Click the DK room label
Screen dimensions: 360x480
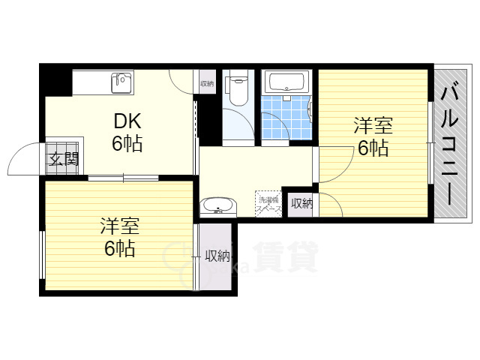[126, 121]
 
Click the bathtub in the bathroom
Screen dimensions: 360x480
[285, 82]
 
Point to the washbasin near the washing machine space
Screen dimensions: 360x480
[219, 205]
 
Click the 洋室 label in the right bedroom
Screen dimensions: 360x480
[373, 126]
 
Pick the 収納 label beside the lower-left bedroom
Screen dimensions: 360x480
[217, 256]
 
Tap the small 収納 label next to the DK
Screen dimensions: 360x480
[206, 84]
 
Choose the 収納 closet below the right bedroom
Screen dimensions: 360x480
[301, 202]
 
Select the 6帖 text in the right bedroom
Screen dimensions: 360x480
[372, 148]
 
